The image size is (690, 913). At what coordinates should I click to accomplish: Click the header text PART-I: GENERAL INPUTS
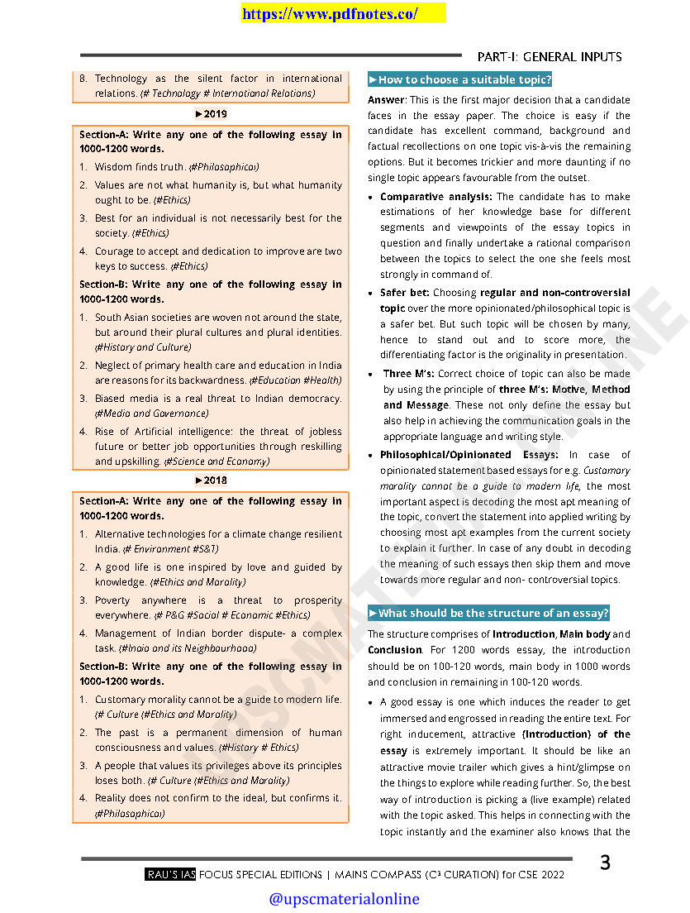coord(550,56)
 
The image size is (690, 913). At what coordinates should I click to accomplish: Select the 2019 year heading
coord(211,114)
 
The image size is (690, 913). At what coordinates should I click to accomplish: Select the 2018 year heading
coord(211,480)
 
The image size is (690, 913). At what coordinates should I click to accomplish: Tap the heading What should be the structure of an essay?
coord(488,613)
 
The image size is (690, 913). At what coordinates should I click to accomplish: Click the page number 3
coord(605,863)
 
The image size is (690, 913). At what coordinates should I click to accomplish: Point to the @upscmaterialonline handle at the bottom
coord(344,899)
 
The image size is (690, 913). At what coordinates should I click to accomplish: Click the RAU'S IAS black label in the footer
coord(170,874)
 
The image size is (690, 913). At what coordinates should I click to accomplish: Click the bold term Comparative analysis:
coord(436,197)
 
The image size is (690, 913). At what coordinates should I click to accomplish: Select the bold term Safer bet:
coord(405,293)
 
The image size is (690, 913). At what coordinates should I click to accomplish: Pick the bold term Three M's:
coord(409,374)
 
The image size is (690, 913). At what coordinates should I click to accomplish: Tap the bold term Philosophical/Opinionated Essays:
coord(469,455)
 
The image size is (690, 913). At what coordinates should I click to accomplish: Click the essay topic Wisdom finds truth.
coord(140,167)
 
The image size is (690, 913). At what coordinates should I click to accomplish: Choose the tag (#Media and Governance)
coord(152,413)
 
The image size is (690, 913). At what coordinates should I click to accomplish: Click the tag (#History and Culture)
coord(143,347)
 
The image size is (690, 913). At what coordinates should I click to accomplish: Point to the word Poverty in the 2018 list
coord(112,600)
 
